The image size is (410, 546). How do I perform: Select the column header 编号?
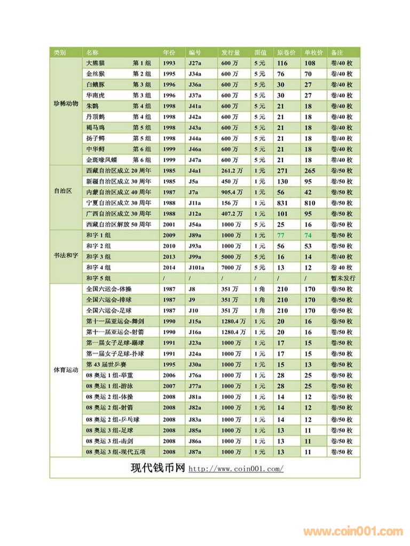(195, 53)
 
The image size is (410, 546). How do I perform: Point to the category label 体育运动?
(66, 370)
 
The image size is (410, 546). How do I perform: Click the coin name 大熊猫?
(96, 63)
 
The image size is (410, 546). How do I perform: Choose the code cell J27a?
(195, 63)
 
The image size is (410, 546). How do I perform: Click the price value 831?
(282, 203)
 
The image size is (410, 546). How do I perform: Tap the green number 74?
(308, 235)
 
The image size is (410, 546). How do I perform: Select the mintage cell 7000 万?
(232, 267)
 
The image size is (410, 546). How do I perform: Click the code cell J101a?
(197, 267)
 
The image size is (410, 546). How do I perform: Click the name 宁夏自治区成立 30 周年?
(119, 203)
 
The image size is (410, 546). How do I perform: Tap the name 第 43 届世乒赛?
(107, 365)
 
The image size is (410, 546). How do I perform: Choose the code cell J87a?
(195, 452)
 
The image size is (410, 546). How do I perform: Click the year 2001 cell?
(169, 224)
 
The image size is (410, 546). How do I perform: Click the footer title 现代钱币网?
(157, 468)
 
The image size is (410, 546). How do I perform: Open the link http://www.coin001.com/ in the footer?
(236, 469)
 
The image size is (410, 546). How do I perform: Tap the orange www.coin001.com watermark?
(353, 531)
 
